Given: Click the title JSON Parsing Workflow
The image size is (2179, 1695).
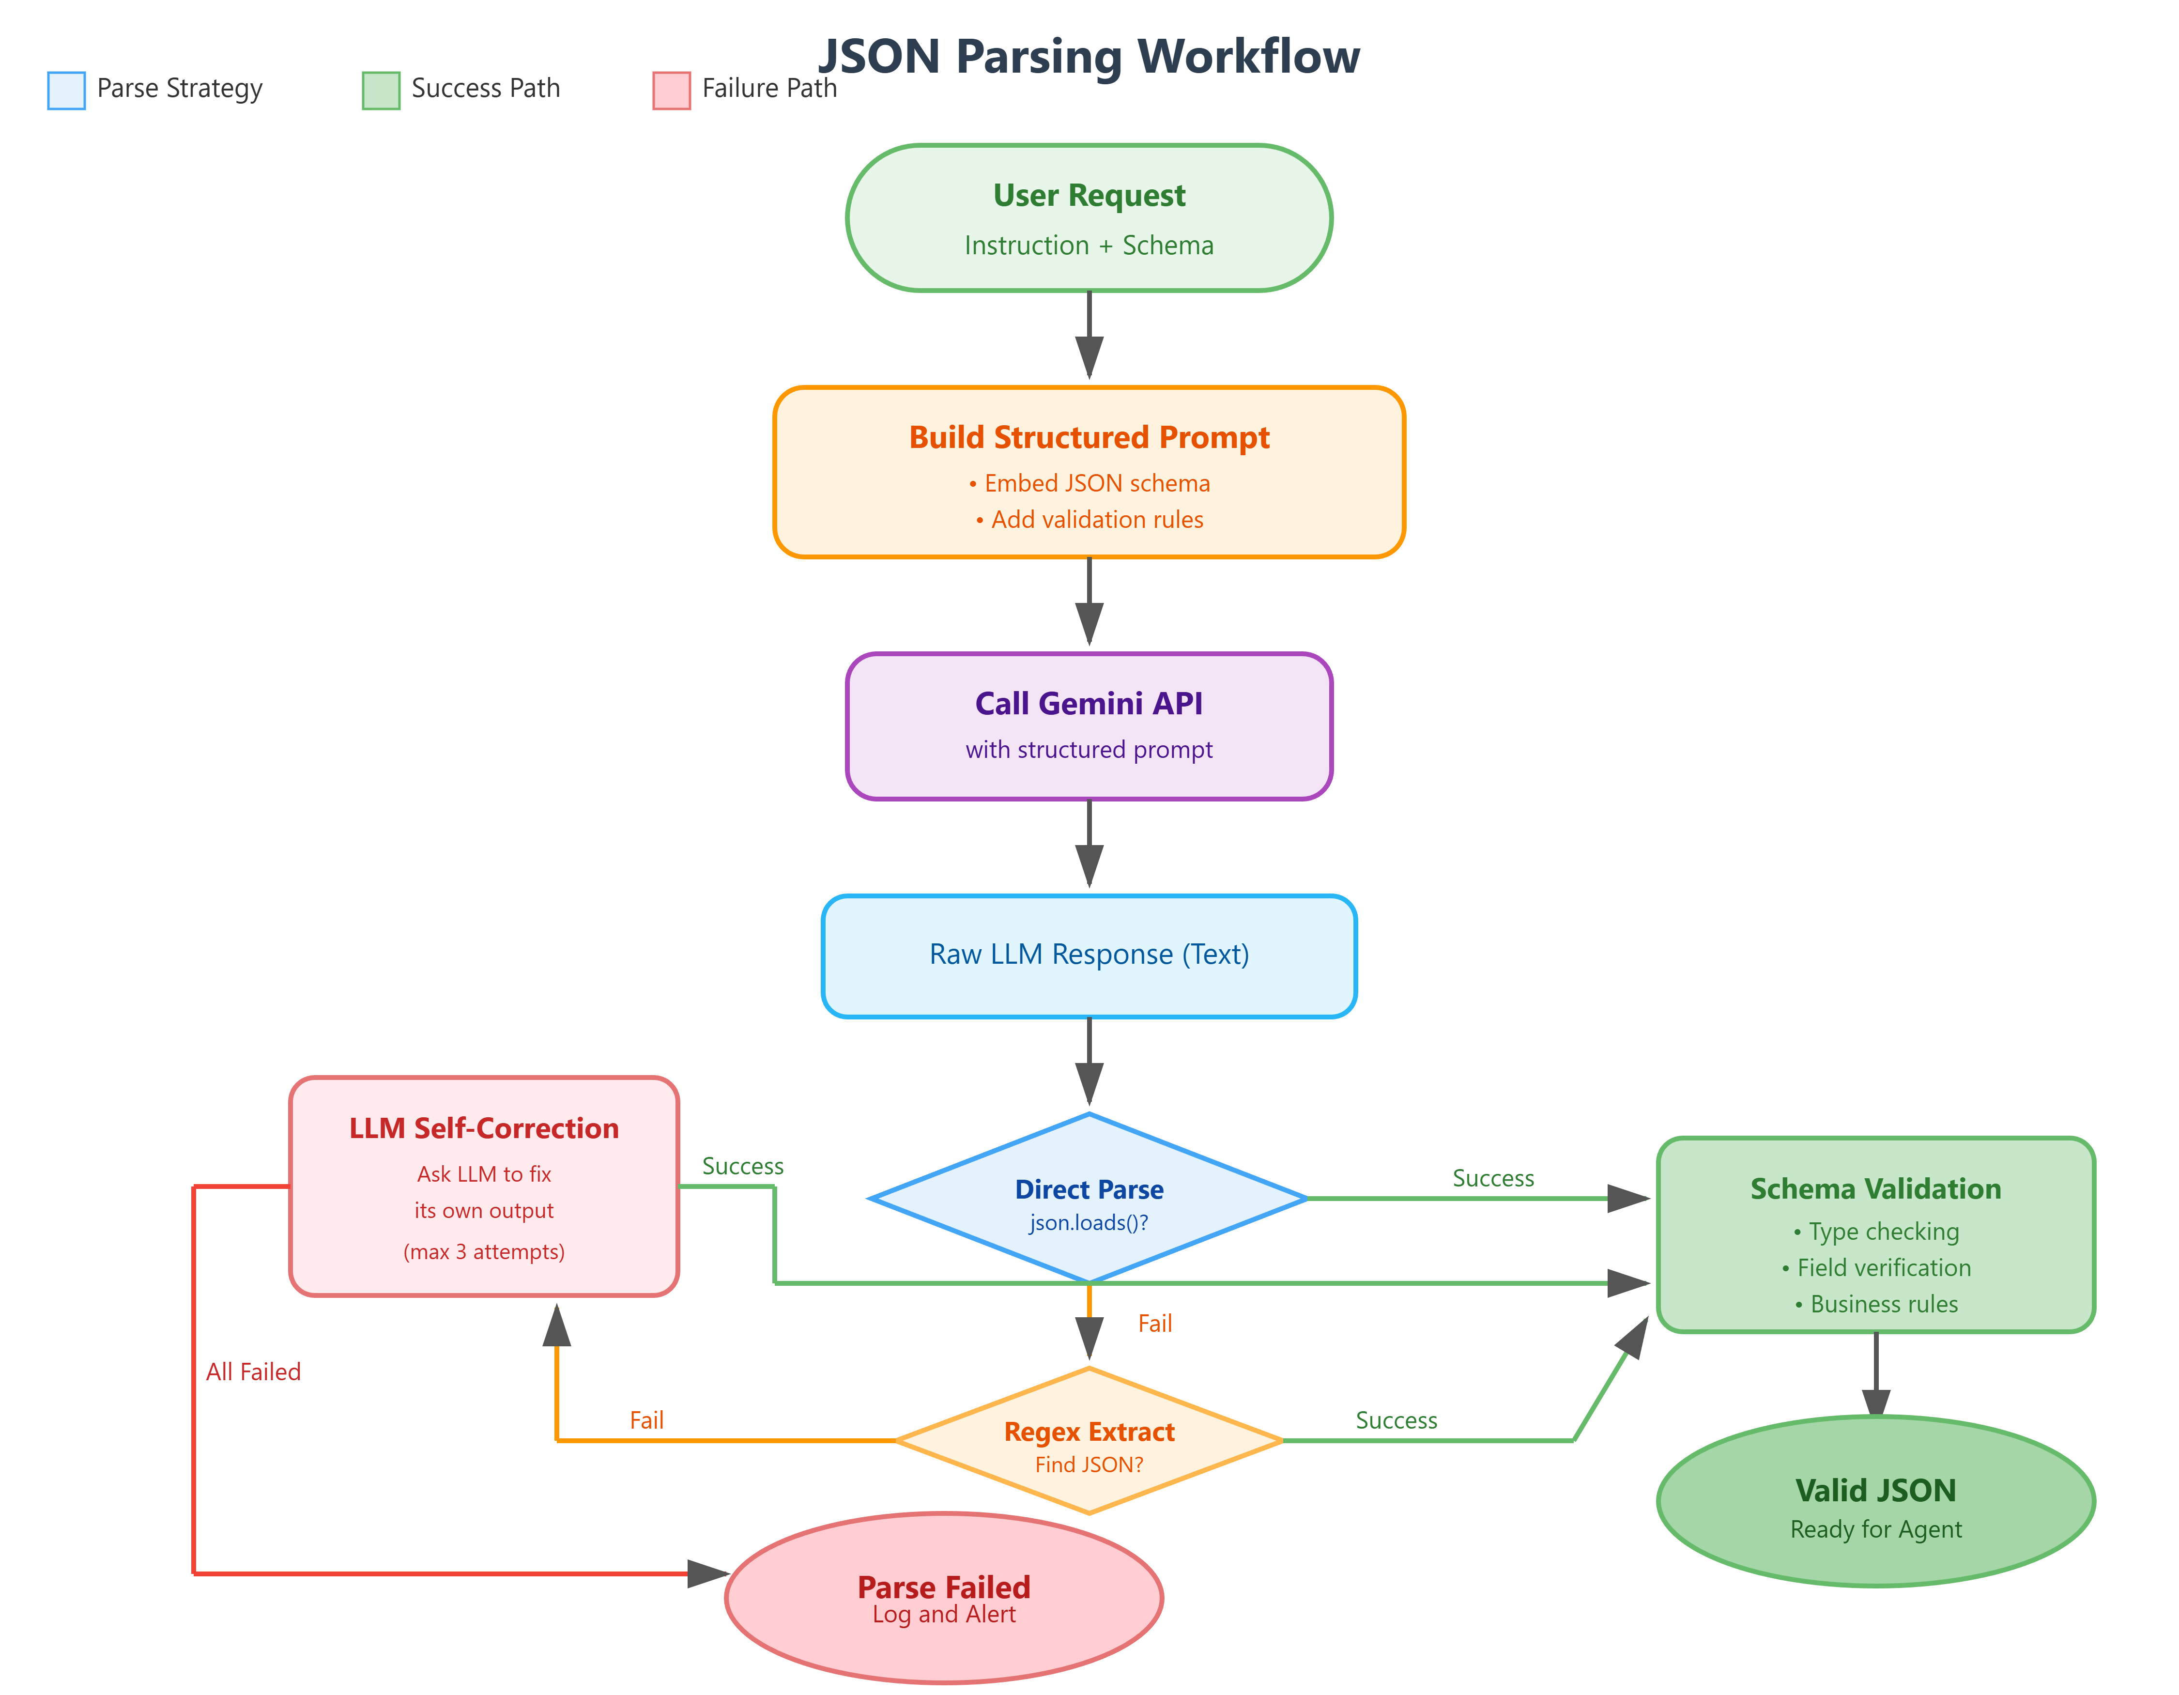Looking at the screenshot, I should click(1089, 57).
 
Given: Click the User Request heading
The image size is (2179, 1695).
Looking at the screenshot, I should click(1089, 196).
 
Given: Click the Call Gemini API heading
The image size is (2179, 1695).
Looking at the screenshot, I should click(1089, 703).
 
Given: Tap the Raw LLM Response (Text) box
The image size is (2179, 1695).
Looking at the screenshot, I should click(1089, 955).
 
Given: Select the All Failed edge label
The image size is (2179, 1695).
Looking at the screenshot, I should click(253, 1372).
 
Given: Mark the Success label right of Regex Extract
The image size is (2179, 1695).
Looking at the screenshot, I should click(1396, 1420).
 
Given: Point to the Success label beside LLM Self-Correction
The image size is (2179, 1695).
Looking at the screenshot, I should click(742, 1166).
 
